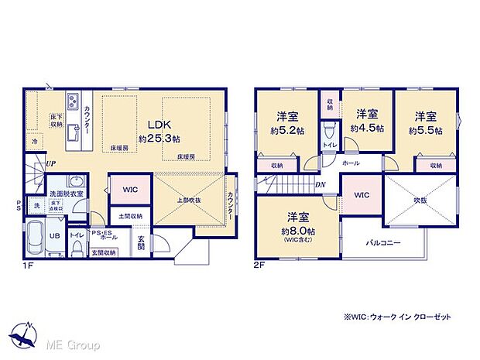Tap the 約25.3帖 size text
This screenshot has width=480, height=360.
pyautogui.click(x=159, y=139)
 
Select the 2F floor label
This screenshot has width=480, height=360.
pyautogui.click(x=259, y=264)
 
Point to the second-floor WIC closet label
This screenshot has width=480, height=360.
pyautogui.click(x=362, y=196)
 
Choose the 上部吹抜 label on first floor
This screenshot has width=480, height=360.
pyautogui.click(x=190, y=200)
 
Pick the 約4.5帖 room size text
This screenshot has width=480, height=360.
pyautogui.click(x=367, y=128)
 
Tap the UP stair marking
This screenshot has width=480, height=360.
pyautogui.click(x=50, y=164)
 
